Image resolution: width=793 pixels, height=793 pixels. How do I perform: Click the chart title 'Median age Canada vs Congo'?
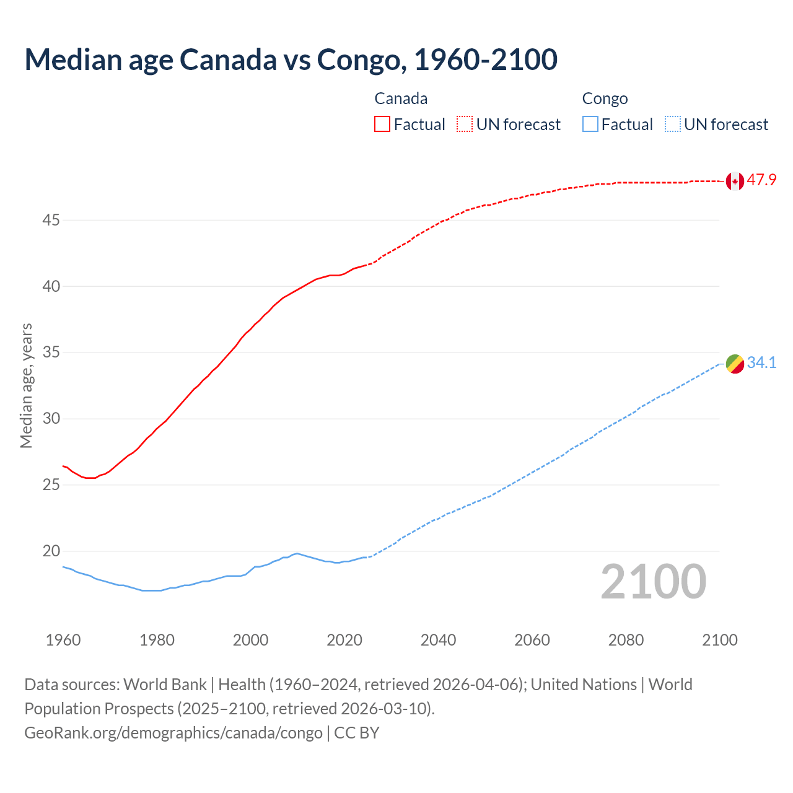coord(291,59)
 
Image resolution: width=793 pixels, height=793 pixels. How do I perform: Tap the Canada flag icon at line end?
coord(735,181)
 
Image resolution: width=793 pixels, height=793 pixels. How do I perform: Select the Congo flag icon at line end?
coord(735,364)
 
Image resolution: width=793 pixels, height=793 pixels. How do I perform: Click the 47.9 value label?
coord(761,180)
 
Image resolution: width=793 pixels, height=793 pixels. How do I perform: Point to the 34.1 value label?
coord(761,363)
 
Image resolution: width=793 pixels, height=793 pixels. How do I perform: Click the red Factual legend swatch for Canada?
coord(382,125)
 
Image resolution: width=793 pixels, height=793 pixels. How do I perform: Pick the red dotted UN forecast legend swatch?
coord(465,125)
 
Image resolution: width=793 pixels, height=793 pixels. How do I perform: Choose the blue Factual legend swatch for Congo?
coord(590,125)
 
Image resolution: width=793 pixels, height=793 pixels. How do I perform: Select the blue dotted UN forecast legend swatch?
coord(672,125)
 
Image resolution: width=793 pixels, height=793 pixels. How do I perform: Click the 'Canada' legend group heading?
coord(401,99)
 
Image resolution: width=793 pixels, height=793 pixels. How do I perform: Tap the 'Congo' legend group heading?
coord(605,99)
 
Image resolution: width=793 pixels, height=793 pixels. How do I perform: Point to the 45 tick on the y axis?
coord(51,221)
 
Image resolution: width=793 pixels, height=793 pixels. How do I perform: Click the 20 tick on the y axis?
coord(51,551)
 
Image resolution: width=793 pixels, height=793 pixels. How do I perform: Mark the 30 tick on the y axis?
coord(51,419)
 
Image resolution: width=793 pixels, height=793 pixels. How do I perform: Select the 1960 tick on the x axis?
coord(63,640)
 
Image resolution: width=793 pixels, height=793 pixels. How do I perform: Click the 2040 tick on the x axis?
coord(438,640)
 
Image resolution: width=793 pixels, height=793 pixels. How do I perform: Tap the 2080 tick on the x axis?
coord(626,640)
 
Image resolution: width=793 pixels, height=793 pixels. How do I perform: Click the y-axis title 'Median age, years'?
coord(26,385)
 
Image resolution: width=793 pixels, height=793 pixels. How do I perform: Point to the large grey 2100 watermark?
coord(653,582)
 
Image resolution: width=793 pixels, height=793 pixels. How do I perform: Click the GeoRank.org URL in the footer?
coord(173,733)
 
